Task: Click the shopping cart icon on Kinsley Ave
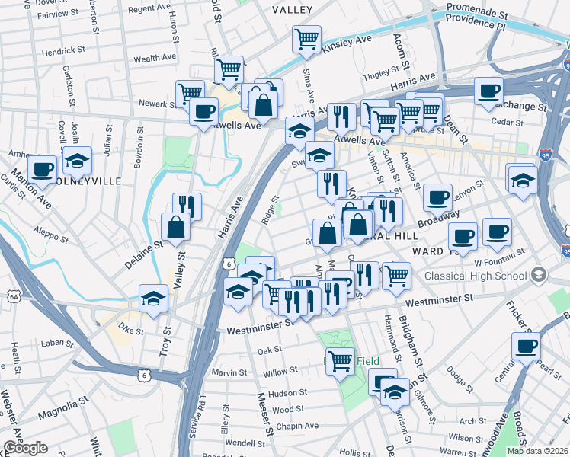[306, 39]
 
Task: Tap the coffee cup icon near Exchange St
[488, 91]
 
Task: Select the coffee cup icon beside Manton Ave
[43, 169]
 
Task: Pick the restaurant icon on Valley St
[187, 206]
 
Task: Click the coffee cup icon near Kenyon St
[437, 198]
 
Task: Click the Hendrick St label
[63, 50]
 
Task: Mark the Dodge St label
[460, 375]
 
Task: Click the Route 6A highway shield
[14, 296]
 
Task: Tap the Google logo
[25, 448]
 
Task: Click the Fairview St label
[59, 14]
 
